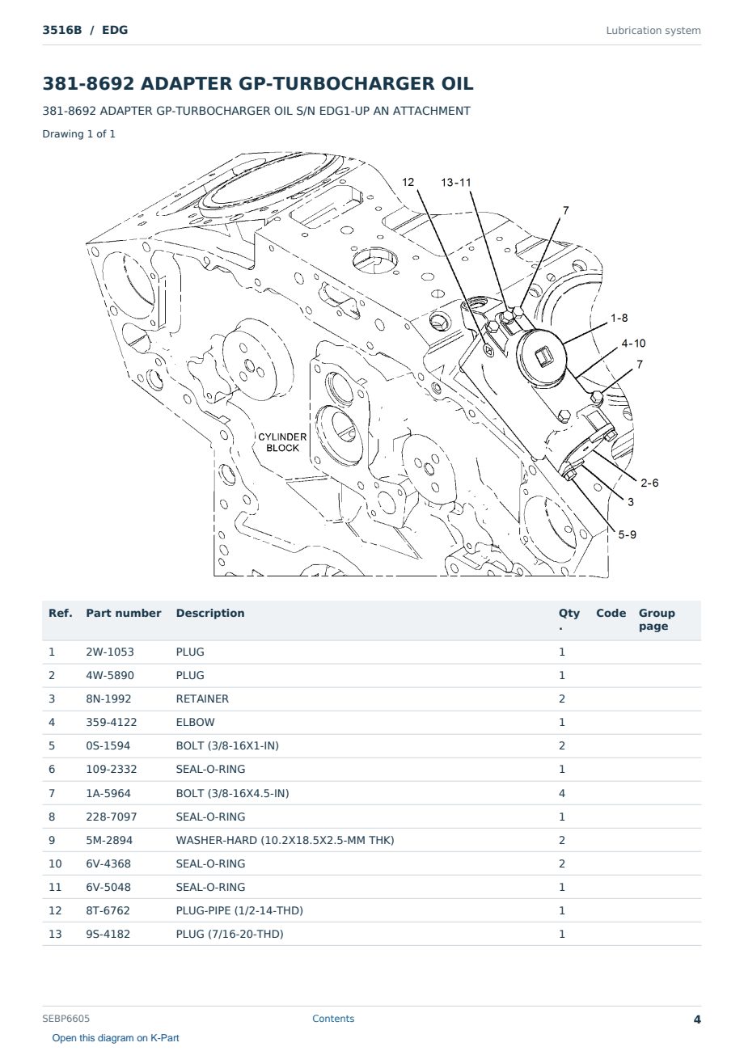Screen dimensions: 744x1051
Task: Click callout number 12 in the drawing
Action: point(408,182)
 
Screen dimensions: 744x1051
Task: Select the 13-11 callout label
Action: point(456,183)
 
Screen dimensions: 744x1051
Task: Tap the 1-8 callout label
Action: point(619,318)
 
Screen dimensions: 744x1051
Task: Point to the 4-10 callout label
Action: point(634,344)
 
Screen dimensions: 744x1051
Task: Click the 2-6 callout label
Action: point(649,483)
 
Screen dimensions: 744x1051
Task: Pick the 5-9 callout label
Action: point(627,535)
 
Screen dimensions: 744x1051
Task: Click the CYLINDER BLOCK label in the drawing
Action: point(282,442)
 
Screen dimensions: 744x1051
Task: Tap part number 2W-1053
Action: point(110,652)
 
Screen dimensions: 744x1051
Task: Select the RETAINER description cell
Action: point(202,699)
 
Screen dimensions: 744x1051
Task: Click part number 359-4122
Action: point(112,722)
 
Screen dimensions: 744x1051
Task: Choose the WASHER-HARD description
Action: point(285,840)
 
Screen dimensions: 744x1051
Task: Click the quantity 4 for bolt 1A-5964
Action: point(562,793)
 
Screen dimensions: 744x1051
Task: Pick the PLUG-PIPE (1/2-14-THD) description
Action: point(239,910)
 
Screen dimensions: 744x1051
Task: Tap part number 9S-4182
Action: point(108,934)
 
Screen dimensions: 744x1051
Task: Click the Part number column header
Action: point(124,614)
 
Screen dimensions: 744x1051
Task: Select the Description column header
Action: point(210,614)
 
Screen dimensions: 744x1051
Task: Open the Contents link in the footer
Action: point(333,1019)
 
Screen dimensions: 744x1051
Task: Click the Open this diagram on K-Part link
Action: point(116,1038)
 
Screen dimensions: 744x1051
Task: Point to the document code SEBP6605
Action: point(66,1019)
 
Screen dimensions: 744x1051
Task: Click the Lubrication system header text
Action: point(653,31)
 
